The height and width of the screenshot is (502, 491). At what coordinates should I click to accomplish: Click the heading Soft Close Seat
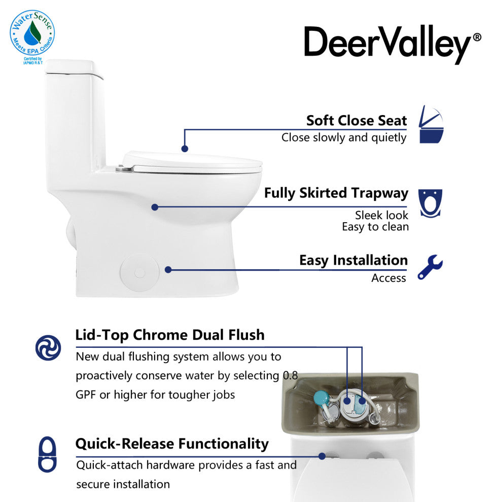click(357, 121)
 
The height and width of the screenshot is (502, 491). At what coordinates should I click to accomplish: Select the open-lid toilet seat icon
click(431, 124)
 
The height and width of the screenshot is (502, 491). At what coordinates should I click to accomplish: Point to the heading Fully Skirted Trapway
click(336, 193)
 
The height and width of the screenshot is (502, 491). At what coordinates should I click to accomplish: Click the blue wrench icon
click(430, 267)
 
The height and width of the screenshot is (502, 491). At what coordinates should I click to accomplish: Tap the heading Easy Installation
click(354, 260)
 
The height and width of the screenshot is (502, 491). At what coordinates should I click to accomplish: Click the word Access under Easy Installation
click(389, 278)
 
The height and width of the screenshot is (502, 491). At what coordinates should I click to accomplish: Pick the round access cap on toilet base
click(139, 273)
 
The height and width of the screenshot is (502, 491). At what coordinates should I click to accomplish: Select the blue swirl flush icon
click(48, 348)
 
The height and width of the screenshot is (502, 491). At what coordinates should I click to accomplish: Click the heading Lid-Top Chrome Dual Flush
click(170, 335)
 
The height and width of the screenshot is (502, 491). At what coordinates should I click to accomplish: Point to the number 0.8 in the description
click(290, 376)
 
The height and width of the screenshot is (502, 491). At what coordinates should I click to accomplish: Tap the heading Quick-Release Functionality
click(172, 444)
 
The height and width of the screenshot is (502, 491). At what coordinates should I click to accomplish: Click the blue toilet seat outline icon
click(47, 454)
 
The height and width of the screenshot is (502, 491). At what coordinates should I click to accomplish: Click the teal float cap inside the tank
click(321, 398)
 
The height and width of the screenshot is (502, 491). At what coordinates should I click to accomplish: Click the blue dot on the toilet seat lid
click(185, 149)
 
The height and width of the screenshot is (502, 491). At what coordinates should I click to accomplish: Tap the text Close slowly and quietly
click(344, 137)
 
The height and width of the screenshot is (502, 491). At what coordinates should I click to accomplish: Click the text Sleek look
click(381, 215)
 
